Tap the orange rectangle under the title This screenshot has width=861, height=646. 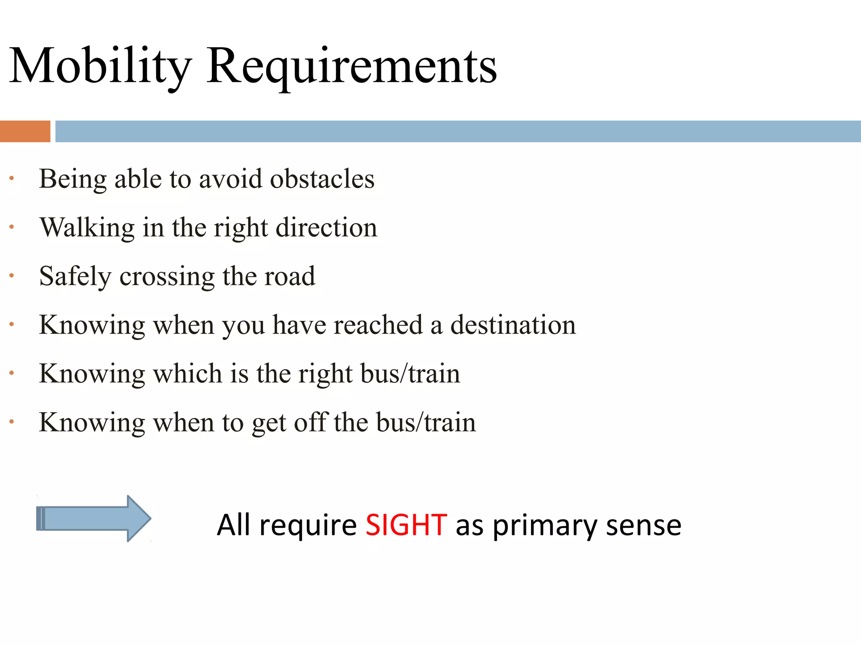coord(25,131)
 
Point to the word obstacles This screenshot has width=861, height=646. coord(322,179)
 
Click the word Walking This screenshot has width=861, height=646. coord(87,228)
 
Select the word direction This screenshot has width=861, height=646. coord(327,228)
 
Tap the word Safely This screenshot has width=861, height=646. coord(75,277)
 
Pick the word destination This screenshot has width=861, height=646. coord(513,325)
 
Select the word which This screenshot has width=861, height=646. coord(188,374)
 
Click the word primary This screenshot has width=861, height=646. coord(545,526)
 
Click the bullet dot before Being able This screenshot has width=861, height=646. coord(12,178)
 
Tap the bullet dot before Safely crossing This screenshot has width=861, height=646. coord(12,276)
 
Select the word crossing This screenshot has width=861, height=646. coord(167,277)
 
